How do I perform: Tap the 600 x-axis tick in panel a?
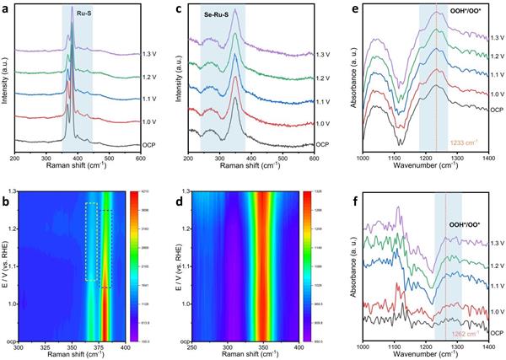point(140,159)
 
